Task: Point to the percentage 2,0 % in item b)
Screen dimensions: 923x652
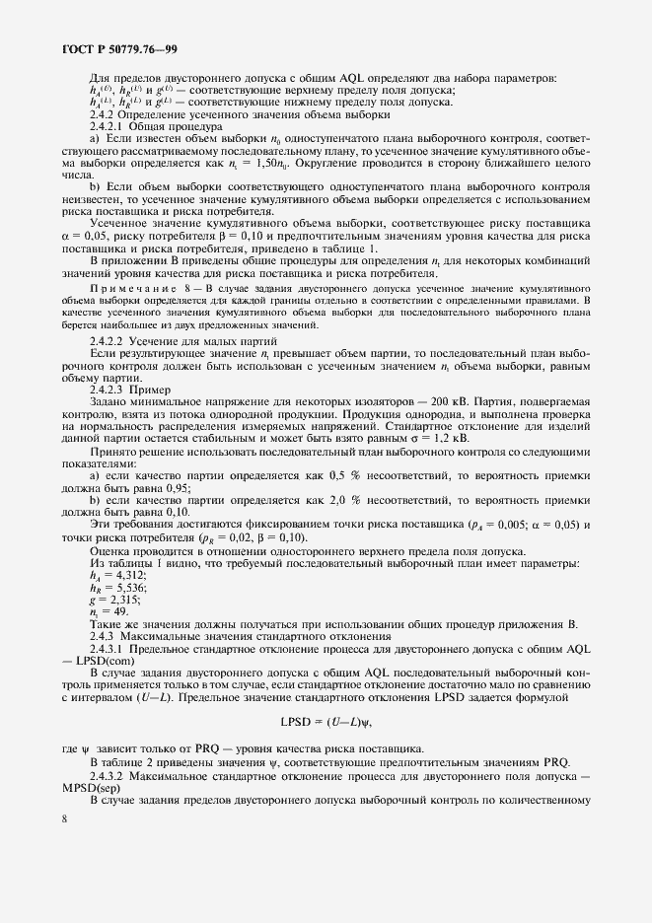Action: (338, 500)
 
